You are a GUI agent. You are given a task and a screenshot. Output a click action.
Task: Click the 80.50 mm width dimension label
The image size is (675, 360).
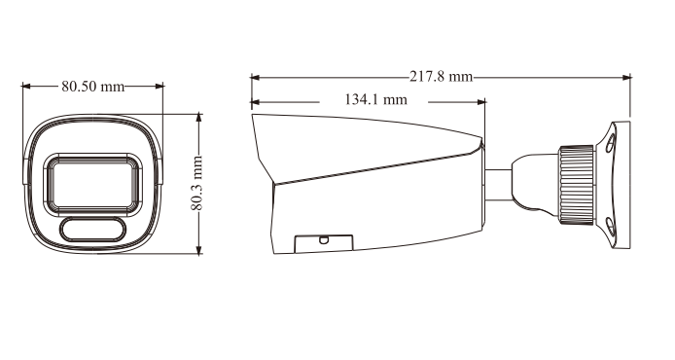tap(93, 87)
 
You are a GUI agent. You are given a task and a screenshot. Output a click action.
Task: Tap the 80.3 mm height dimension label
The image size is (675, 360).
tap(196, 184)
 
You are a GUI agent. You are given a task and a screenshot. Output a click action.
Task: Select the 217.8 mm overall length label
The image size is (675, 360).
tap(441, 77)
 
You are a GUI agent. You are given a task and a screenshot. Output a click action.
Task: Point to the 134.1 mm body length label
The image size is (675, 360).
tap(375, 99)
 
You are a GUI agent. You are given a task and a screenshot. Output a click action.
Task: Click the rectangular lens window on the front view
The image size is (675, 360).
tap(92, 183)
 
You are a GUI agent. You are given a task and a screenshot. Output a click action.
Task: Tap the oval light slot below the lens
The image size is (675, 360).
tap(92, 230)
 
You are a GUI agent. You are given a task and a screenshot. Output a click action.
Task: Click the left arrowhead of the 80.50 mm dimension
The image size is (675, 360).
tap(26, 87)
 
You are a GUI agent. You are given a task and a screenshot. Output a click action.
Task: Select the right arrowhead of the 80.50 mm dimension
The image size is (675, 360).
tap(159, 87)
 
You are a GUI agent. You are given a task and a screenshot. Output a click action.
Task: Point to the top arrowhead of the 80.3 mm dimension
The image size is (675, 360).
tap(198, 118)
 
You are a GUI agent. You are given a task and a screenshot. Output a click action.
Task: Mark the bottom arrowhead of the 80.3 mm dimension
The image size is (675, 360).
tap(198, 249)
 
